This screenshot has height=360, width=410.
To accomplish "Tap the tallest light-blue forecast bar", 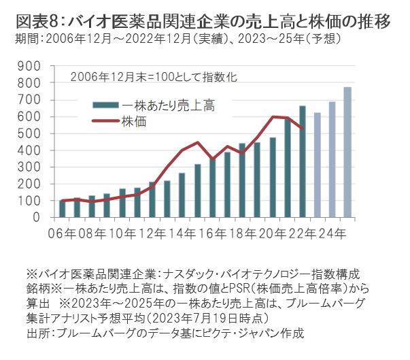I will [x=347, y=152].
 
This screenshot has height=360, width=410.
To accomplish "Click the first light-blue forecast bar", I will [x=318, y=165].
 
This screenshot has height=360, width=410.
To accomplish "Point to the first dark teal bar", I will [x=63, y=209].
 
